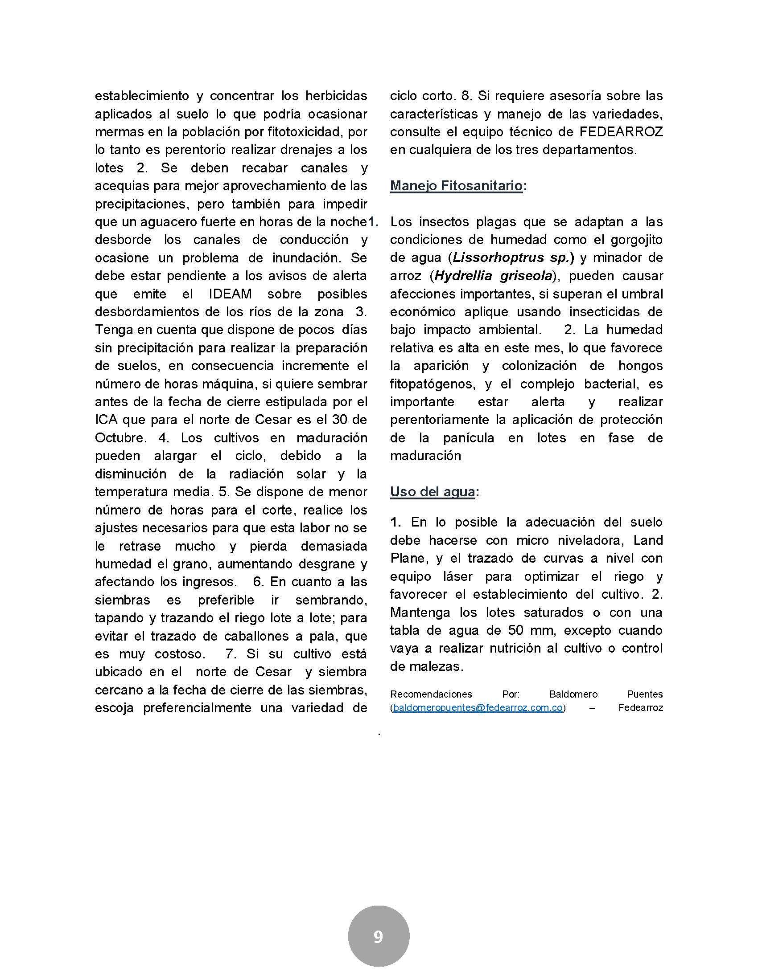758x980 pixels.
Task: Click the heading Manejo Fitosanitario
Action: (456, 186)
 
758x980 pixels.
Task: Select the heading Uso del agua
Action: (432, 492)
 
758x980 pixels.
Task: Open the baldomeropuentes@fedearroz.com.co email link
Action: (478, 708)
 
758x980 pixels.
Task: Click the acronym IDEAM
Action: (231, 294)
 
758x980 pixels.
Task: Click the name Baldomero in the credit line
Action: (573, 694)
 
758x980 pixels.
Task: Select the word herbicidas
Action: (336, 96)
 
